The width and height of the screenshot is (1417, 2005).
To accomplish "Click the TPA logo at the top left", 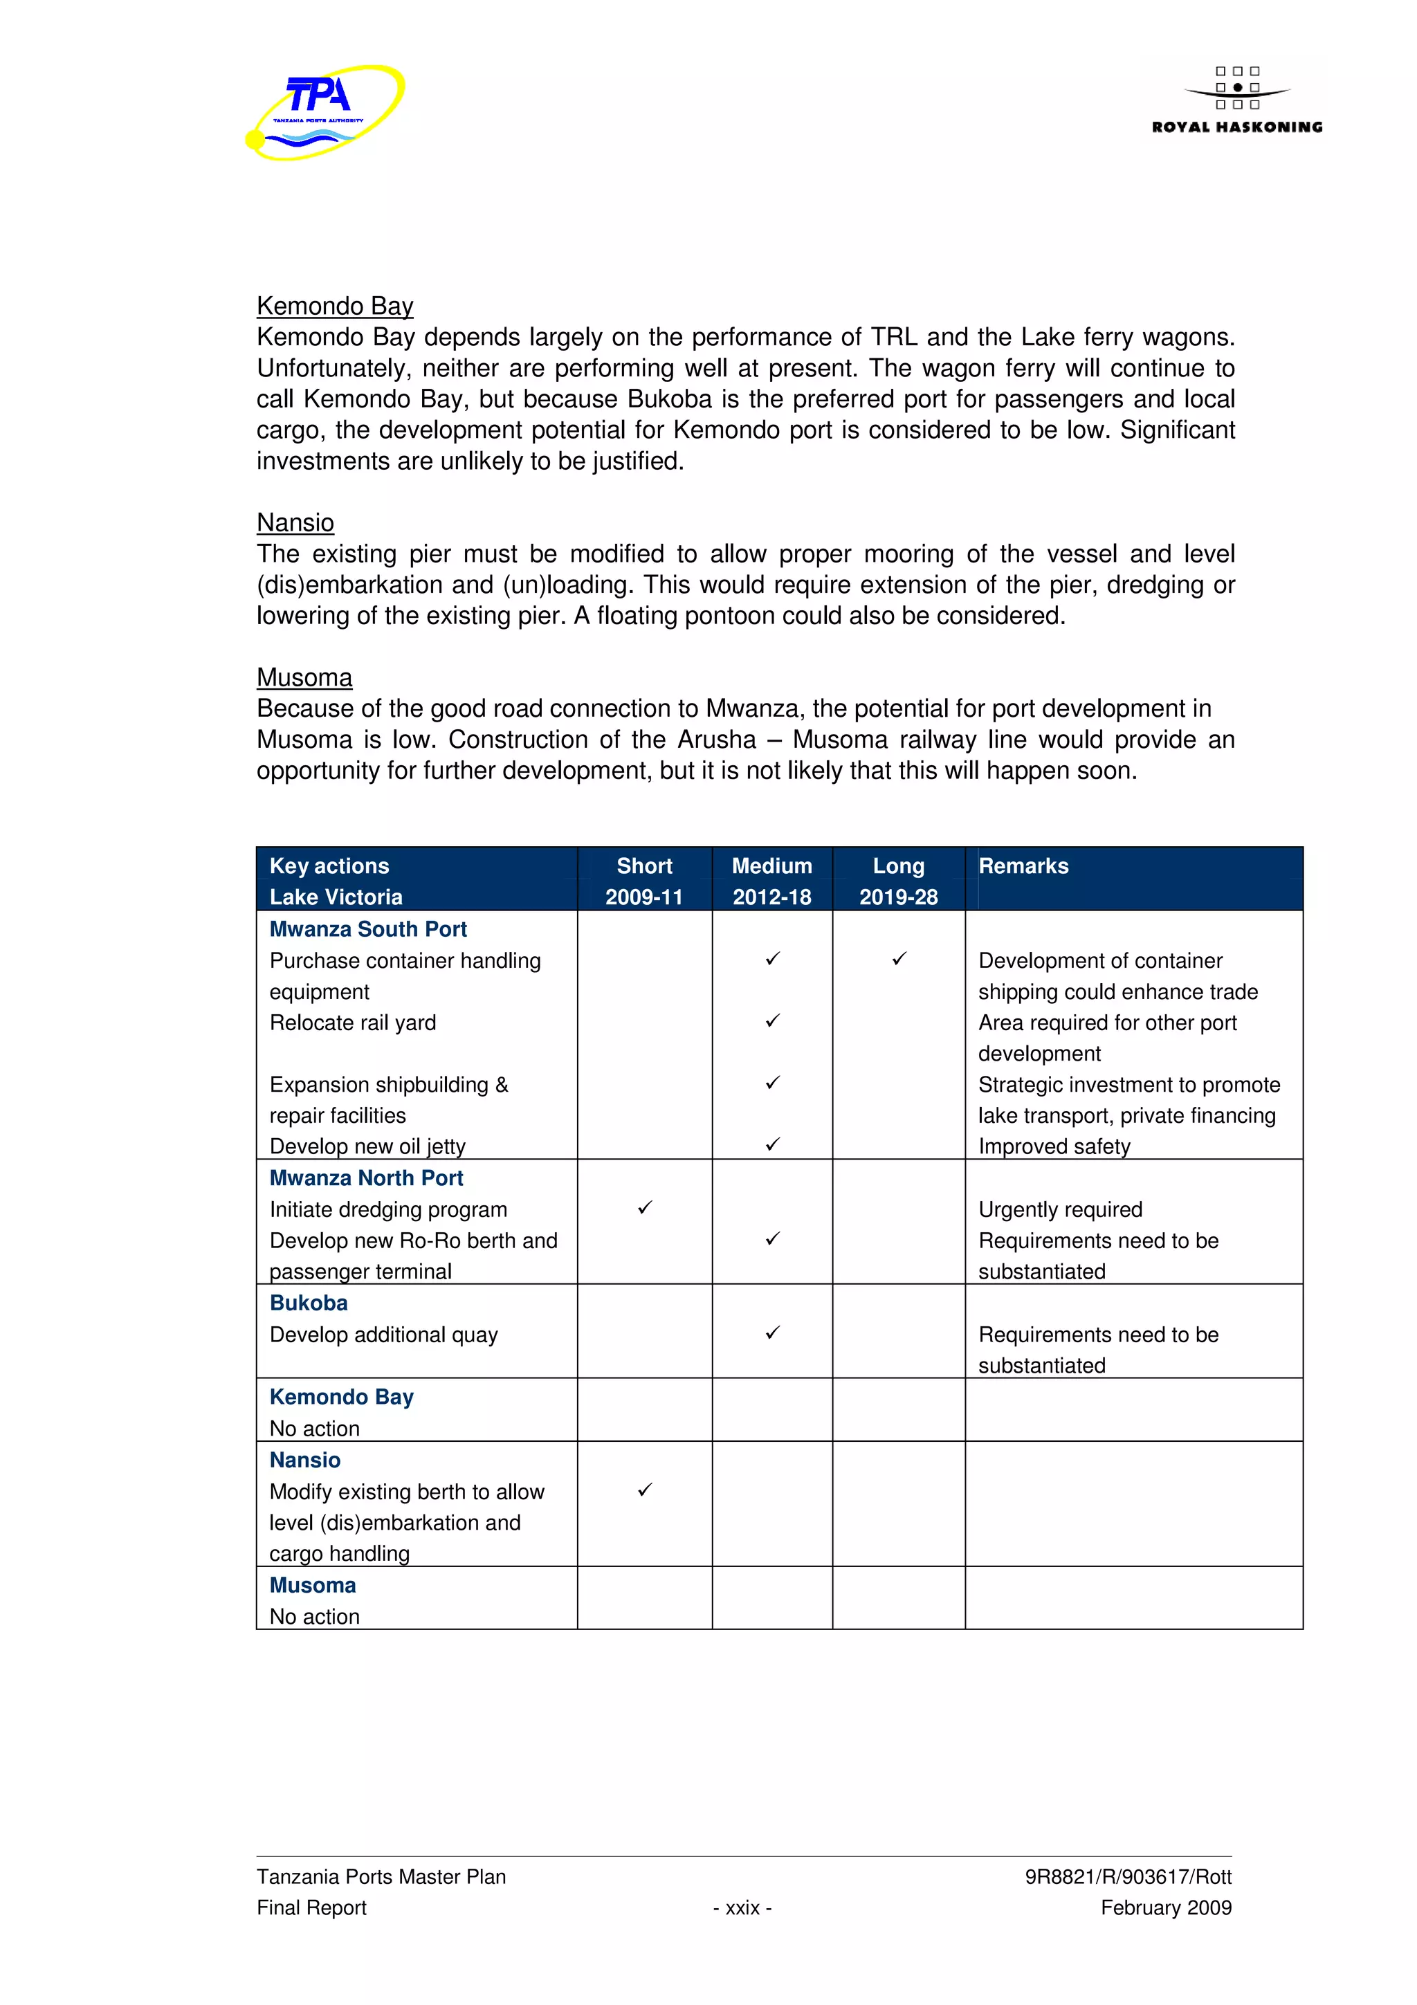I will tap(324, 112).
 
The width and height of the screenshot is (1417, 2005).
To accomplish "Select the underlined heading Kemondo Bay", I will tap(334, 306).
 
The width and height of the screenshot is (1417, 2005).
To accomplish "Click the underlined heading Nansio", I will tap(295, 522).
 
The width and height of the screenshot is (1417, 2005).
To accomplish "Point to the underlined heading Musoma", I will tap(304, 677).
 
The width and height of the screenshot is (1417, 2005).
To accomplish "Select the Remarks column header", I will tap(1023, 866).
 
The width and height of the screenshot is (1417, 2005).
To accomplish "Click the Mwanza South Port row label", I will tap(367, 928).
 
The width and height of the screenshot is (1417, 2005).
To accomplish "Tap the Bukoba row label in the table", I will tap(308, 1302).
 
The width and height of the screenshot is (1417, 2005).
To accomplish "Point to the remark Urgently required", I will tap(1060, 1209).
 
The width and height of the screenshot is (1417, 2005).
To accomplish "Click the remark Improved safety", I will tap(1054, 1146).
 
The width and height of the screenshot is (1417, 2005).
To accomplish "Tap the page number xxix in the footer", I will tap(742, 1907).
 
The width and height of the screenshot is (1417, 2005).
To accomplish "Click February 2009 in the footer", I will tap(1166, 1907).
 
